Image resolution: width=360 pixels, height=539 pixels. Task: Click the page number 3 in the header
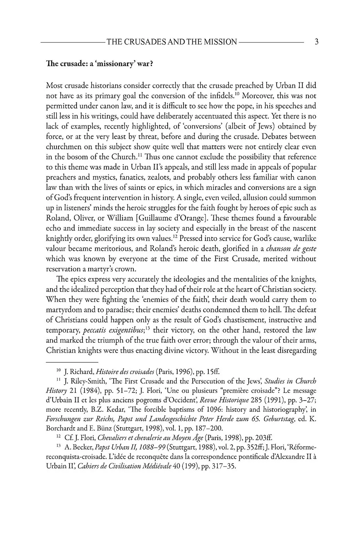[x=317, y=42]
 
